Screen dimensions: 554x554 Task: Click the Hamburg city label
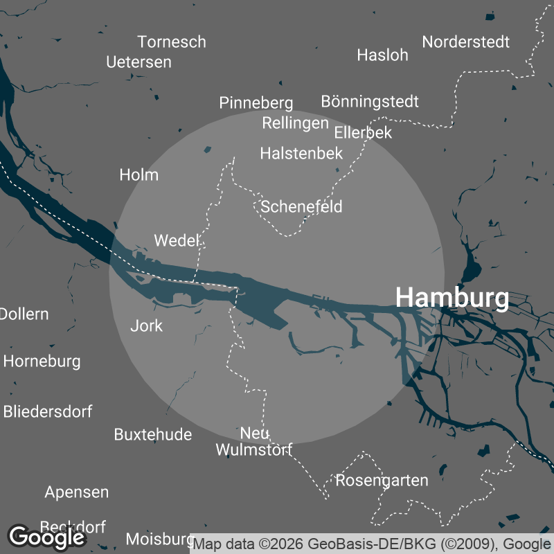452,298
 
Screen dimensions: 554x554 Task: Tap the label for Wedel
177,241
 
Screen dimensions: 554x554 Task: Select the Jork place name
147,325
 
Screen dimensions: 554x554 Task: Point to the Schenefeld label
301,206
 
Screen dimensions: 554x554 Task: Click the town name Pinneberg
256,103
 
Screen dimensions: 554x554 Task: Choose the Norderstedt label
466,42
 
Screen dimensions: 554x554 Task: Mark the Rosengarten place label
382,480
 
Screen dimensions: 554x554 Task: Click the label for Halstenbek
301,154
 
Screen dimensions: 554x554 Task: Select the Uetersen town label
138,62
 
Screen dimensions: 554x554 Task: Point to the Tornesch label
172,42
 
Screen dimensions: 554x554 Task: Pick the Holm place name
139,175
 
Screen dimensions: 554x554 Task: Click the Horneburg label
42,361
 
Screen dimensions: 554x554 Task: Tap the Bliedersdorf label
48,411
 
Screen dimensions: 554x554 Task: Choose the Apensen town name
77,492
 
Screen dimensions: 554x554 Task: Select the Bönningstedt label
370,102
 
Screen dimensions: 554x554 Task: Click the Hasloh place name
383,55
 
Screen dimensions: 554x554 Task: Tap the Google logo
47,537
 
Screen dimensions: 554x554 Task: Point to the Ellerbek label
363,132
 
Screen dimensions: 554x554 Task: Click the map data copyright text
373,543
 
